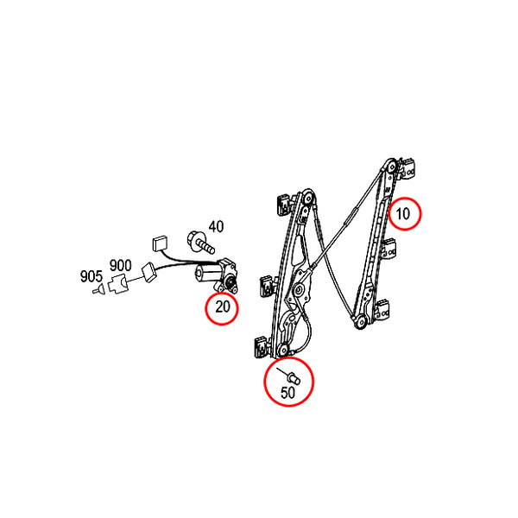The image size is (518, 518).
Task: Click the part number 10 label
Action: pyautogui.click(x=402, y=214)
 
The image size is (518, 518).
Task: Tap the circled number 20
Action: pyautogui.click(x=223, y=306)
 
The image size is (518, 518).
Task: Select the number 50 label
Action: pyautogui.click(x=287, y=393)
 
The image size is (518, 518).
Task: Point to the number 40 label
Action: pyautogui.click(x=216, y=227)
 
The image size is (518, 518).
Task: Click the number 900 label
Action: pyautogui.click(x=121, y=265)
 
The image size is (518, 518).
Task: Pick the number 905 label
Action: pyautogui.click(x=92, y=276)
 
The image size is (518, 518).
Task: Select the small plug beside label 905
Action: pyautogui.click(x=98, y=290)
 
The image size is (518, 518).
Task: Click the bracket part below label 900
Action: pyautogui.click(x=117, y=284)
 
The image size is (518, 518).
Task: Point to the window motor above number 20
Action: pyautogui.click(x=217, y=275)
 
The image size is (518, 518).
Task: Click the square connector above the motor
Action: pyautogui.click(x=160, y=243)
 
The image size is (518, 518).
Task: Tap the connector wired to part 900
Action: pyautogui.click(x=150, y=272)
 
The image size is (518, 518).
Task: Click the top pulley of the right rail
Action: pyautogui.click(x=392, y=166)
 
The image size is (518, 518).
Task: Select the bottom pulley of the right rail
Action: pyautogui.click(x=360, y=321)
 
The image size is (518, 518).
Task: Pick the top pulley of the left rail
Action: pyautogui.click(x=308, y=197)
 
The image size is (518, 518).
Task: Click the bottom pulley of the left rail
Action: pyautogui.click(x=283, y=350)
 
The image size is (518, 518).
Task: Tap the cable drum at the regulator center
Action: pyautogui.click(x=300, y=290)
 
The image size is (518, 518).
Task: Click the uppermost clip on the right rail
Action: pyautogui.click(x=407, y=169)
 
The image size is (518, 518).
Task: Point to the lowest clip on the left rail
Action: pyautogui.click(x=262, y=346)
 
